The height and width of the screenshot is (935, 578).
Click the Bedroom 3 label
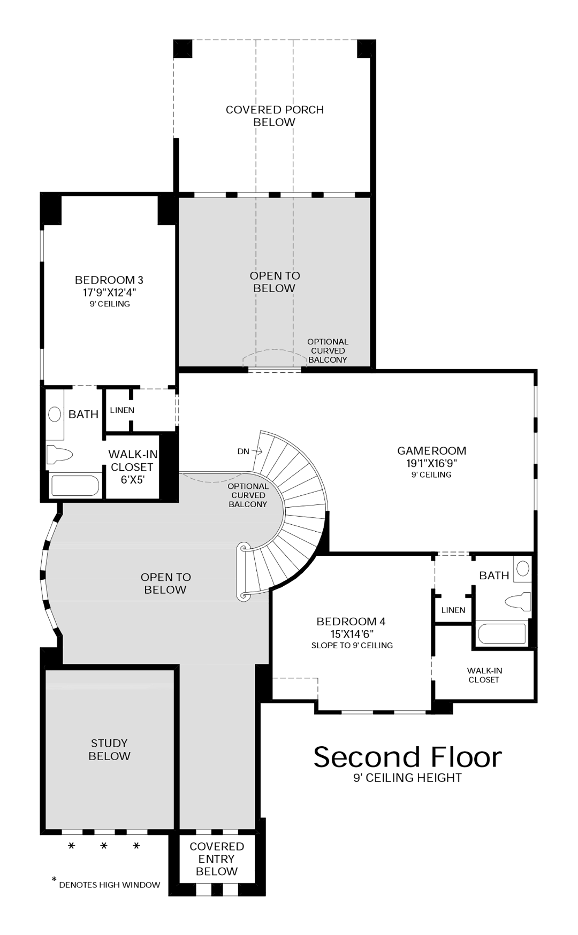pyautogui.click(x=109, y=280)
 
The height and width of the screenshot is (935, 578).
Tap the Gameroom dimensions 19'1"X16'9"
pyautogui.click(x=431, y=463)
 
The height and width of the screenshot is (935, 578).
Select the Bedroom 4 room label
pyautogui.click(x=351, y=622)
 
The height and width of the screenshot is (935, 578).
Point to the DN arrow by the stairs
pyautogui.click(x=256, y=451)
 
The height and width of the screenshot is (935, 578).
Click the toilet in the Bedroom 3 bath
pyautogui.click(x=59, y=455)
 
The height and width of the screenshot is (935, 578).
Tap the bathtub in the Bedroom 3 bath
pyautogui.click(x=75, y=486)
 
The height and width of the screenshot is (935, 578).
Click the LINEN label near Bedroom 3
pyautogui.click(x=122, y=410)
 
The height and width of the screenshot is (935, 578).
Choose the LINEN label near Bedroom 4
pyautogui.click(x=453, y=610)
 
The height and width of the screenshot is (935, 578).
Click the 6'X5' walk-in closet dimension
pyautogui.click(x=132, y=480)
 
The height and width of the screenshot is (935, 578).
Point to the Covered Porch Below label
pyautogui.click(x=275, y=116)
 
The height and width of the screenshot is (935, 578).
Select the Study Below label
pyautogui.click(x=109, y=749)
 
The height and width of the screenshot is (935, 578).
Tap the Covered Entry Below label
pyautogui.click(x=217, y=859)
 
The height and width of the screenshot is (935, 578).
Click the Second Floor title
pyautogui.click(x=407, y=757)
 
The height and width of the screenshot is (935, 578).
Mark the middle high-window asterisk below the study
pyautogui.click(x=104, y=846)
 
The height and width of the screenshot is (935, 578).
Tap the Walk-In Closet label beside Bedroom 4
pyautogui.click(x=484, y=675)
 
